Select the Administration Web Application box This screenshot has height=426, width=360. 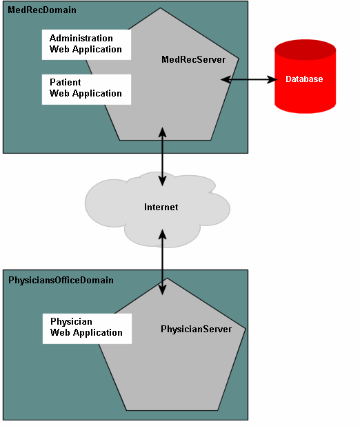[86, 44]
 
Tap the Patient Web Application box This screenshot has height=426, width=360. [86, 88]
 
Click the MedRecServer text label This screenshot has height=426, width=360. [193, 60]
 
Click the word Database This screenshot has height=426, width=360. [305, 79]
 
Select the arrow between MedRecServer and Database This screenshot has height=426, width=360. [248, 80]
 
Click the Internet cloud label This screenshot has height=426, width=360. [161, 207]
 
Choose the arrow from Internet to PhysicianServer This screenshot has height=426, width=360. [163, 262]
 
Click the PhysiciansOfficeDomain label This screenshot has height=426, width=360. [61, 281]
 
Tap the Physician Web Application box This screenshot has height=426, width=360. [87, 327]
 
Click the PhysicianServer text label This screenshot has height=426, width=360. [196, 329]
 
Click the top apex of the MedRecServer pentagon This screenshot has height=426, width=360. [161, 9]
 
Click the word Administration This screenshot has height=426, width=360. [81, 39]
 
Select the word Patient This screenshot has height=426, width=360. [66, 83]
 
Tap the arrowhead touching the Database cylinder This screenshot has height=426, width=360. [270, 80]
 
